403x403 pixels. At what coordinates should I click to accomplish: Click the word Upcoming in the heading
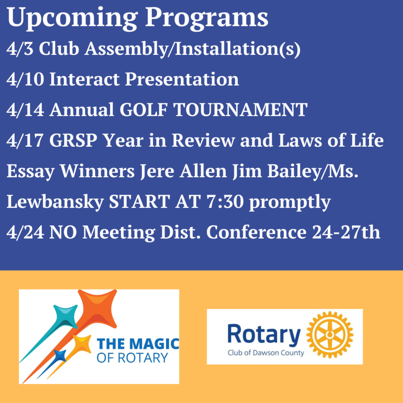click(72, 18)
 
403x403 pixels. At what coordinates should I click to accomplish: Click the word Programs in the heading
click(207, 18)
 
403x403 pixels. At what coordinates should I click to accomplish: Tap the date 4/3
click(20, 49)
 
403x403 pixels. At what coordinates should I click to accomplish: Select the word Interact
click(84, 79)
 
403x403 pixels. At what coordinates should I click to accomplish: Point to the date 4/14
click(25, 110)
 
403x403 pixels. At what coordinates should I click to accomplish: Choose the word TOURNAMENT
click(240, 110)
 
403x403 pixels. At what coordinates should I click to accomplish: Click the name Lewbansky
click(55, 202)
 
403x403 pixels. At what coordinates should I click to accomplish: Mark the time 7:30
click(225, 202)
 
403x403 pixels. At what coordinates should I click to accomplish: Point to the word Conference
click(256, 233)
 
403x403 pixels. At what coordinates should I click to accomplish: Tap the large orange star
click(98, 308)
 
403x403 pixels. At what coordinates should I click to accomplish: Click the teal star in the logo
click(66, 317)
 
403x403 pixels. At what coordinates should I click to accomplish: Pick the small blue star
click(60, 356)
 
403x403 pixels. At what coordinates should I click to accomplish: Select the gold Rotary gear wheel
click(330, 334)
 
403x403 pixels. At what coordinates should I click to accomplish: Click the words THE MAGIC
click(138, 344)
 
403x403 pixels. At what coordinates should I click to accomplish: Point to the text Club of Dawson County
click(266, 353)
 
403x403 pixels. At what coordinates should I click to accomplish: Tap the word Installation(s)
click(237, 49)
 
